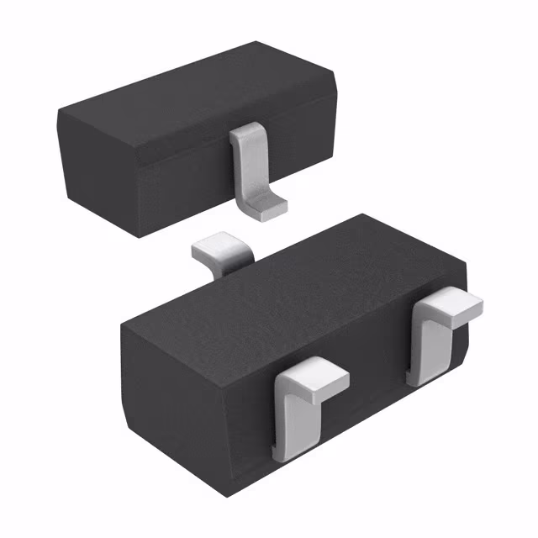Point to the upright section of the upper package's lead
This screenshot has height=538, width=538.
(x=245, y=156)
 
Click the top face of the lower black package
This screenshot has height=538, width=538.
(x=286, y=277)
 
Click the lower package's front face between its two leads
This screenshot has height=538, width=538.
(x=370, y=387)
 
